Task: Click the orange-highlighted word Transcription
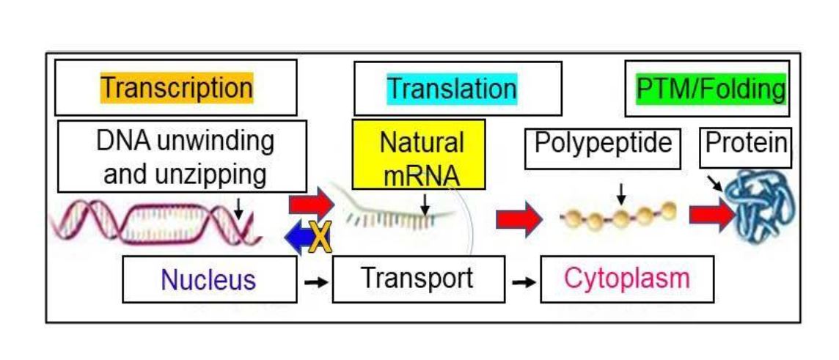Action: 177,87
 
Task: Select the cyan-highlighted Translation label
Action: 452,89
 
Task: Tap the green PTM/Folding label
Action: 708,89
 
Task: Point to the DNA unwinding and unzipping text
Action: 181,157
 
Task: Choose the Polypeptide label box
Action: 603,144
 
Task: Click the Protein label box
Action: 747,143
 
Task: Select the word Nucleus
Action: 208,279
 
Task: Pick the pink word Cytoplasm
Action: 627,279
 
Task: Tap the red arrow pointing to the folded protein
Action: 710,214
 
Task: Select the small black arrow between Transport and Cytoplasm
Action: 524,281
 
